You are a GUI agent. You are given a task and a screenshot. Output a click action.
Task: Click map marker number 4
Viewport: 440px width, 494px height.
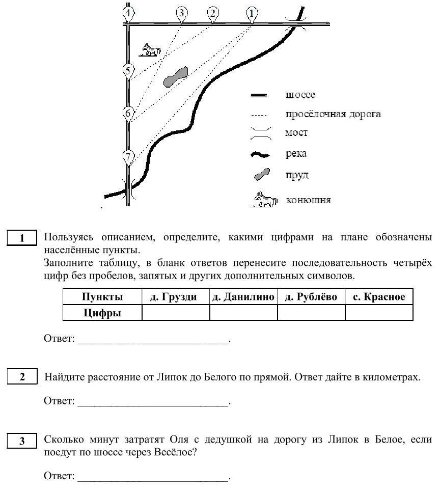click(129, 13)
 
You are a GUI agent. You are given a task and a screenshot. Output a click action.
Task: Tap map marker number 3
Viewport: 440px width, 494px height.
click(181, 13)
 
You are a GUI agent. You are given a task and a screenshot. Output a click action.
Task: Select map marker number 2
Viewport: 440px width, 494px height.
click(213, 13)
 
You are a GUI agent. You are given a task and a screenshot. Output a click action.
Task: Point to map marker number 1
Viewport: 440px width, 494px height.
click(252, 13)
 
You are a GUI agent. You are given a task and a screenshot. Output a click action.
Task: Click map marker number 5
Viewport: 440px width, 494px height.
click(128, 71)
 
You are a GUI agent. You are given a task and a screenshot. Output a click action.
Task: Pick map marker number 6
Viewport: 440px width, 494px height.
click(128, 113)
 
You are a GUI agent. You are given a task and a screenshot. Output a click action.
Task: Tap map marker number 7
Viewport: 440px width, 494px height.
click(128, 156)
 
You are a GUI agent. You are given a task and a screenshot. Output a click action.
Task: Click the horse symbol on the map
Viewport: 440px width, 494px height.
click(151, 49)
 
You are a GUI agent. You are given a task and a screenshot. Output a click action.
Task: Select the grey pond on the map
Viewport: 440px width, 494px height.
click(175, 76)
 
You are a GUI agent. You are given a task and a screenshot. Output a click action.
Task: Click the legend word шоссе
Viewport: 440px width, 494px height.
click(300, 95)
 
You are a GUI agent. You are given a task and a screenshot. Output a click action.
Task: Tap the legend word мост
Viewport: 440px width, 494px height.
click(296, 133)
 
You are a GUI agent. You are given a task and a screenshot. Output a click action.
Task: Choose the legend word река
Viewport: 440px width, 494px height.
click(296, 153)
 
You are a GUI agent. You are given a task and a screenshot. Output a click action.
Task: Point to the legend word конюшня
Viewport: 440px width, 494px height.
click(309, 200)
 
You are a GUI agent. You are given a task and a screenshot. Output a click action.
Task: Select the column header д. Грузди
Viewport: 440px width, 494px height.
click(176, 297)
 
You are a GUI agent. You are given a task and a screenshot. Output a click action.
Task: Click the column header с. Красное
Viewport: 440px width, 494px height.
click(379, 297)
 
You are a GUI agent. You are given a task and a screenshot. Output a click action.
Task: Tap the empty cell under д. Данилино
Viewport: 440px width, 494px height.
click(243, 313)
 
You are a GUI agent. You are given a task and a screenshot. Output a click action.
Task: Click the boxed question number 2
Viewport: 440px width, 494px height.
click(22, 377)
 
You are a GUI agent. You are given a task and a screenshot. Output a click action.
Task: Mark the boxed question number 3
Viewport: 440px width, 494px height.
click(22, 441)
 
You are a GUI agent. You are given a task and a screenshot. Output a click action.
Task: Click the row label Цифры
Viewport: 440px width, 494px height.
click(102, 313)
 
